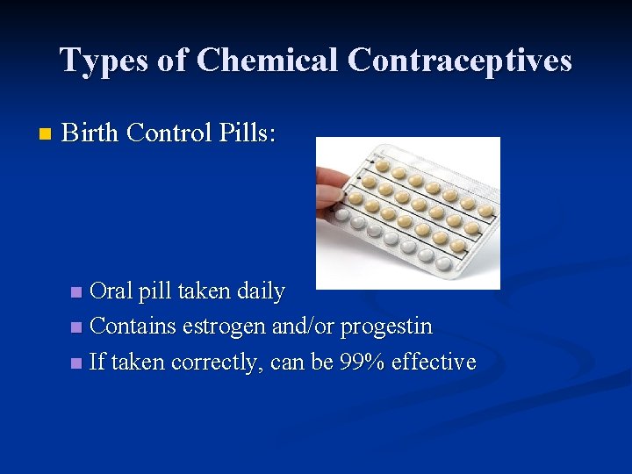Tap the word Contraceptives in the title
click(460, 61)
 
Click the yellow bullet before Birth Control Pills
click(46, 134)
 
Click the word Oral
click(111, 291)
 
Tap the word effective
click(434, 362)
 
